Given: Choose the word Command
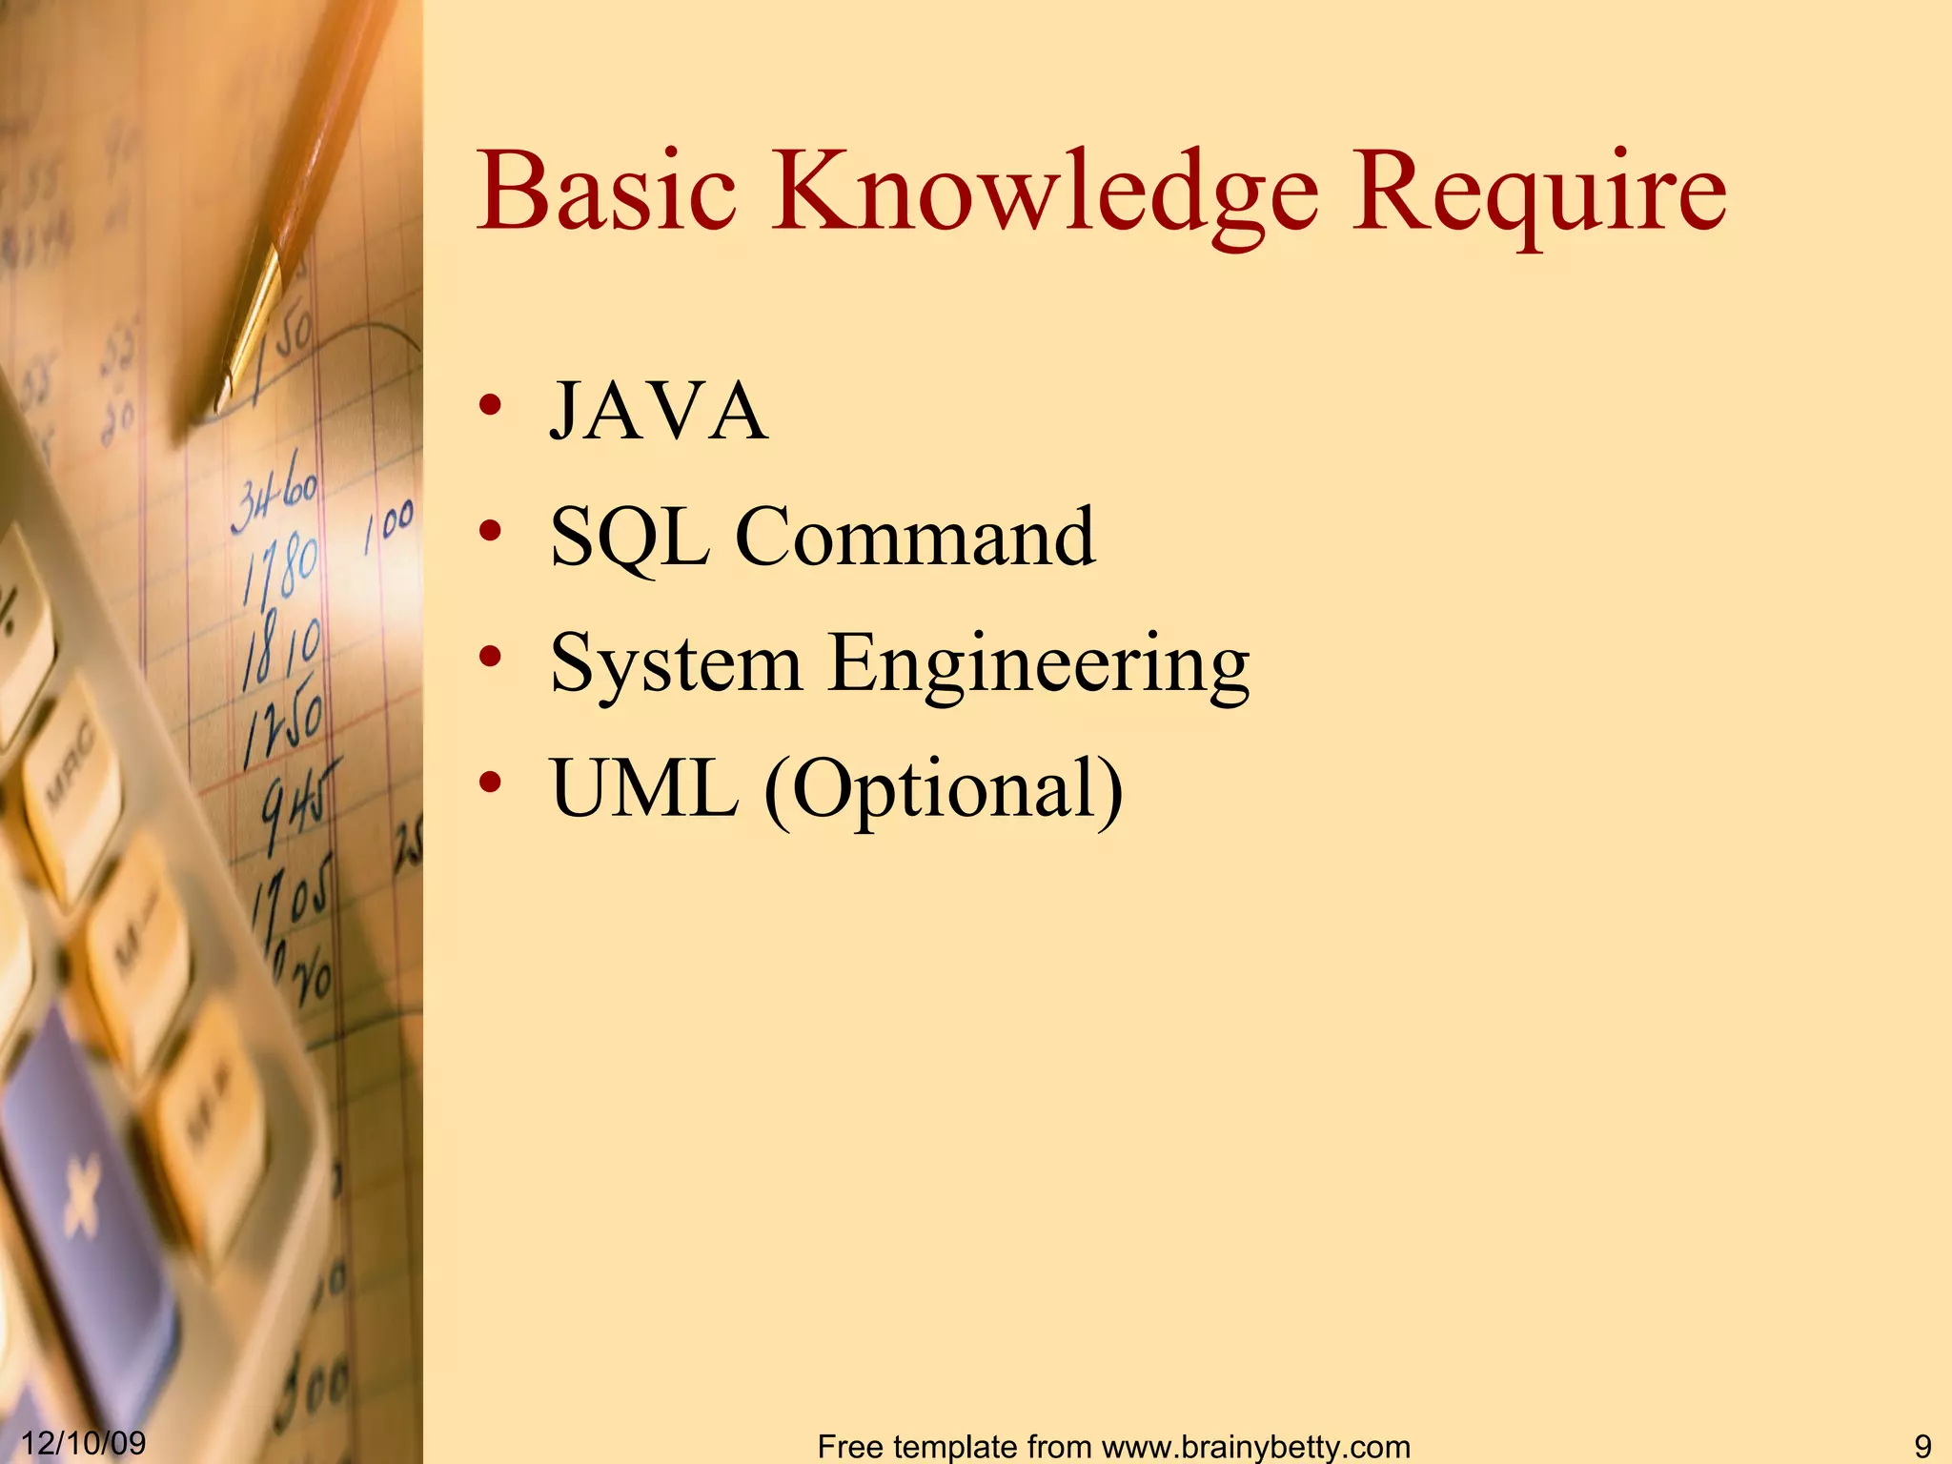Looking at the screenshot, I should click(x=915, y=537).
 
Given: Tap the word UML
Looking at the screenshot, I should click(x=644, y=788).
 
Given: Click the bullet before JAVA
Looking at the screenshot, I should click(x=490, y=405).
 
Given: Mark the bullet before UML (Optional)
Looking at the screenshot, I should click(x=490, y=783).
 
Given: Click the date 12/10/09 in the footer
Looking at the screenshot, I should click(x=84, y=1442).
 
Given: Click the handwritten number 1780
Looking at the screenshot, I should click(x=280, y=567).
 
